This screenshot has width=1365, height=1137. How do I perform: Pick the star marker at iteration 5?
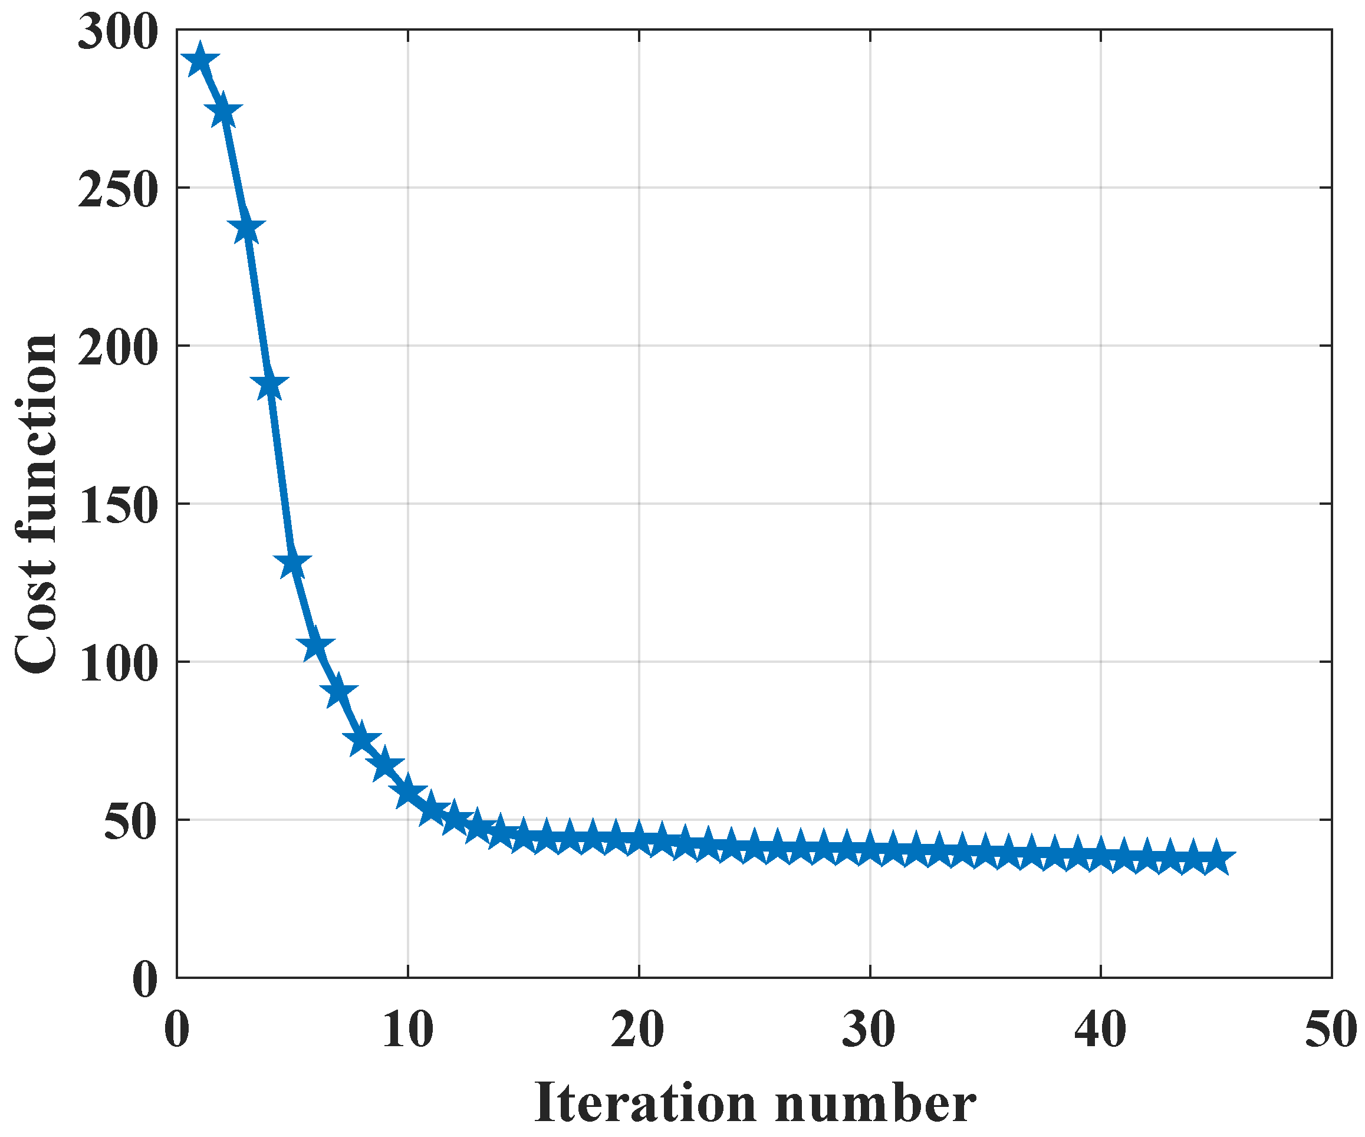[292, 564]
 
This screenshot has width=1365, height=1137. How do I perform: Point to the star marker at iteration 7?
[338, 692]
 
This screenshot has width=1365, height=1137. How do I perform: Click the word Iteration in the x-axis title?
[645, 1103]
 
